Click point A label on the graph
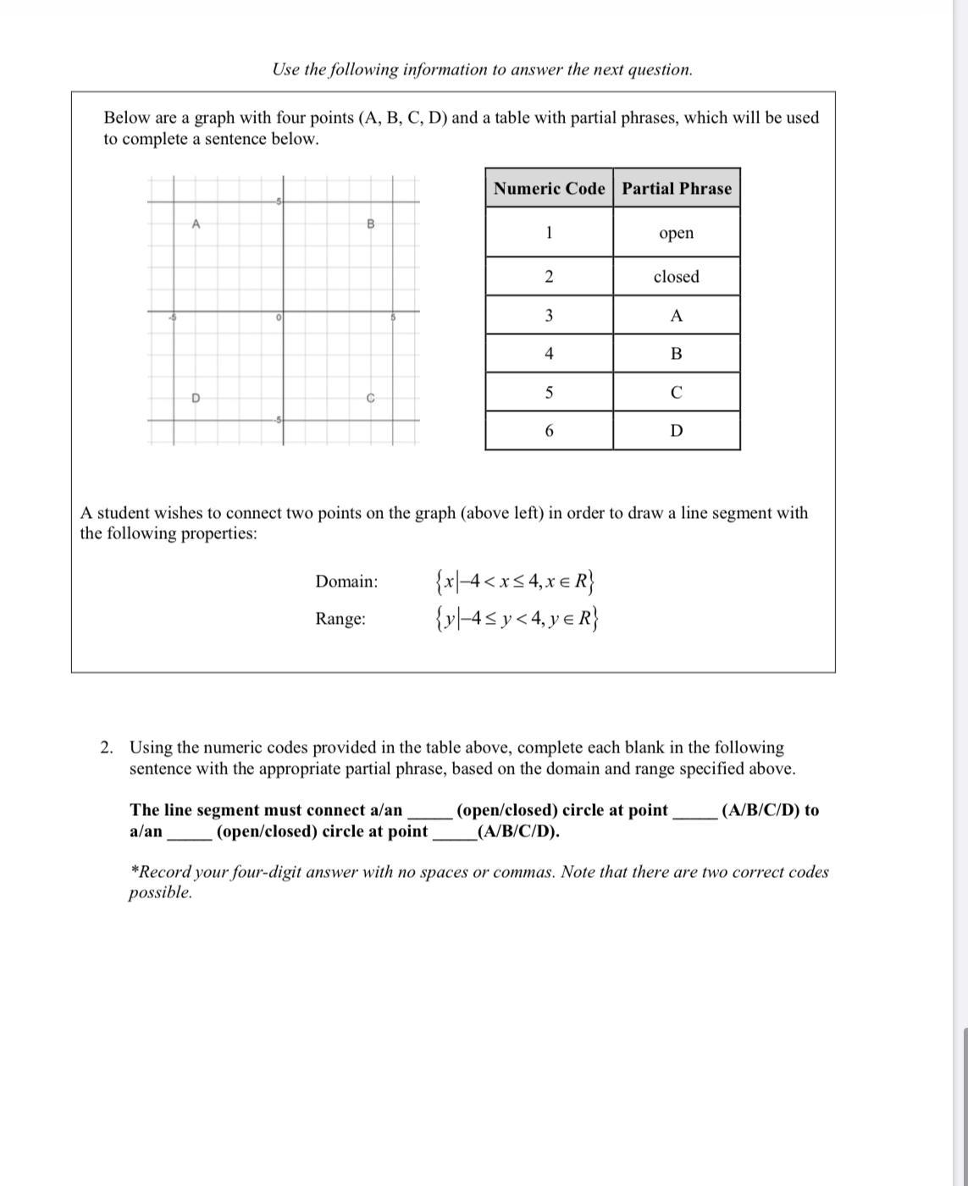click(x=196, y=224)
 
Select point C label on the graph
click(x=370, y=398)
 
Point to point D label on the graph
click(x=196, y=398)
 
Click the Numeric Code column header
click(x=549, y=188)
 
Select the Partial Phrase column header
click(x=677, y=188)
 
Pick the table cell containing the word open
click(x=676, y=233)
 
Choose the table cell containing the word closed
click(x=676, y=277)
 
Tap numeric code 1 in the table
click(x=549, y=233)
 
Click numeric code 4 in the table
click(x=549, y=354)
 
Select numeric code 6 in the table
click(x=549, y=431)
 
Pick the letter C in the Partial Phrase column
click(x=676, y=393)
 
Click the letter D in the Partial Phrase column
click(x=676, y=431)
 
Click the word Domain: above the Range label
click(x=346, y=582)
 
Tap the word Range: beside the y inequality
click(x=340, y=619)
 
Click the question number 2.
click(x=106, y=747)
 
